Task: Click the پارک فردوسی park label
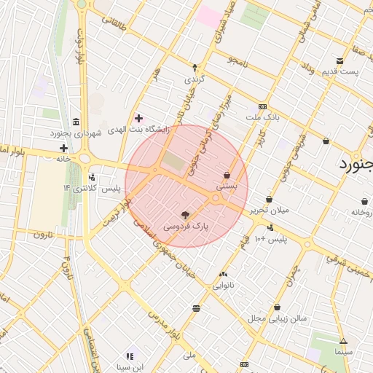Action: click(185, 227)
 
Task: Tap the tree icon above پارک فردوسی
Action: click(185, 215)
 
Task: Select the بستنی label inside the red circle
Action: click(227, 186)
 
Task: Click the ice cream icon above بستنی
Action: click(227, 175)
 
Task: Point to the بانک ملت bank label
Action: click(263, 117)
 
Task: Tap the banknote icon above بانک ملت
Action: click(263, 106)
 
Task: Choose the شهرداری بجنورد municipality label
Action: click(77, 133)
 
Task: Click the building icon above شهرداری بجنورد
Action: click(77, 122)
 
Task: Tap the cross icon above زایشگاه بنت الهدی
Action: click(138, 117)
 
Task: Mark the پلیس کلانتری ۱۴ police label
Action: click(91, 189)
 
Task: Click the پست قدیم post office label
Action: click(340, 73)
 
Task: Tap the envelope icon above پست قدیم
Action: click(340, 61)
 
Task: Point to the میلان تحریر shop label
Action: click(270, 210)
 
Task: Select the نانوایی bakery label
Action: click(223, 286)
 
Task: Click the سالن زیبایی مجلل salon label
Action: click(278, 318)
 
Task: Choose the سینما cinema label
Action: click(343, 352)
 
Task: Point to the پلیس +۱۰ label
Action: click(278, 238)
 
